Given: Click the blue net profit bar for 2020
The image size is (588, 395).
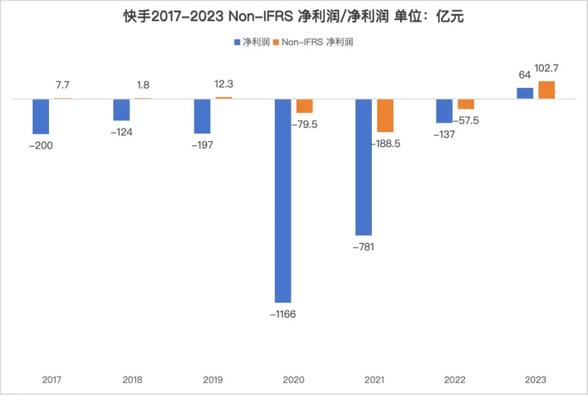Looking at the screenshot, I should [x=283, y=201].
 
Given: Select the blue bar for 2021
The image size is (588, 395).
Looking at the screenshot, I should [x=364, y=167].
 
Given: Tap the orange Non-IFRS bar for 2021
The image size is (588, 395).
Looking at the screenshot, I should [x=385, y=115].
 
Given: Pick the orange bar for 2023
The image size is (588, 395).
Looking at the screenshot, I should [x=546, y=90].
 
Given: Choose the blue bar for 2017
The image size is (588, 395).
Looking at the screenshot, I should [x=41, y=116].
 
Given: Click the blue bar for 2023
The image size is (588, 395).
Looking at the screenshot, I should [x=525, y=93].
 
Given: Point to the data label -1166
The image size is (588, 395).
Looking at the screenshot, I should [x=283, y=315].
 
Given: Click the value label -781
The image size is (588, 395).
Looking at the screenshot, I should [x=363, y=247].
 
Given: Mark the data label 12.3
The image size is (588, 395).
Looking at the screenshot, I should [x=224, y=85].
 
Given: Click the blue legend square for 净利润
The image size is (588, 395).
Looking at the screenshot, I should [x=238, y=42].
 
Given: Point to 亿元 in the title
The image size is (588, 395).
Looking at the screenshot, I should [x=451, y=17].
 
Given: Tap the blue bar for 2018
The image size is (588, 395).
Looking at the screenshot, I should [x=121, y=109].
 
